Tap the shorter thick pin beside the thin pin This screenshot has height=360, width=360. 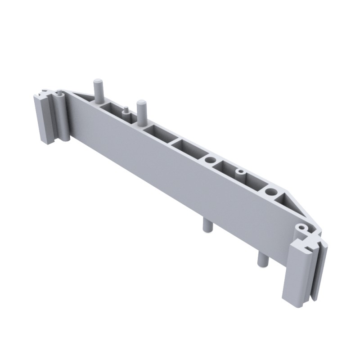point(142,111)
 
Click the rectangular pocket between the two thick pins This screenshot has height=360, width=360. point(111,108)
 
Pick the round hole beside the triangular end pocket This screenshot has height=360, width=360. point(271,192)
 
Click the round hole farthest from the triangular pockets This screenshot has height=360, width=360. point(210,160)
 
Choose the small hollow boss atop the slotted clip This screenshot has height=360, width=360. point(301,229)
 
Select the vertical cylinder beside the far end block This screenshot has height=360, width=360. point(62,117)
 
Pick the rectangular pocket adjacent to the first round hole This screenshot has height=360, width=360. point(185,146)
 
